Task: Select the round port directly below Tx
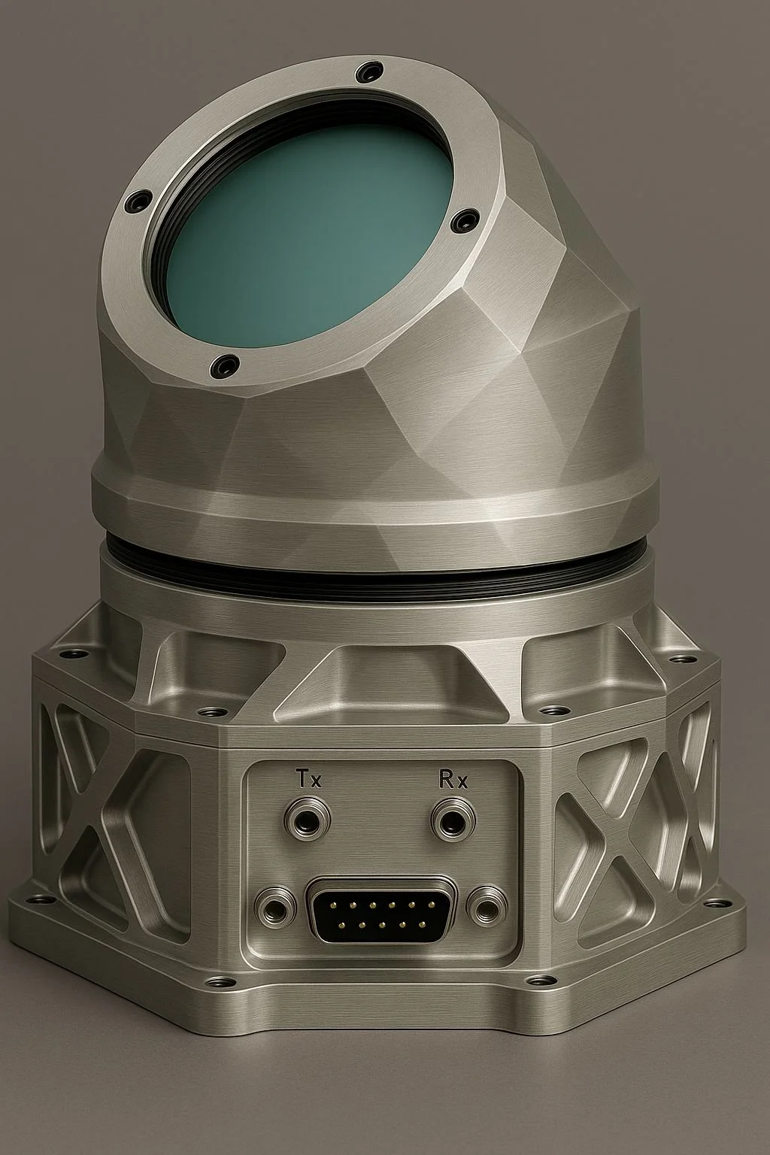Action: click(308, 818)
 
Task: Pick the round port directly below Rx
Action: click(453, 818)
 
